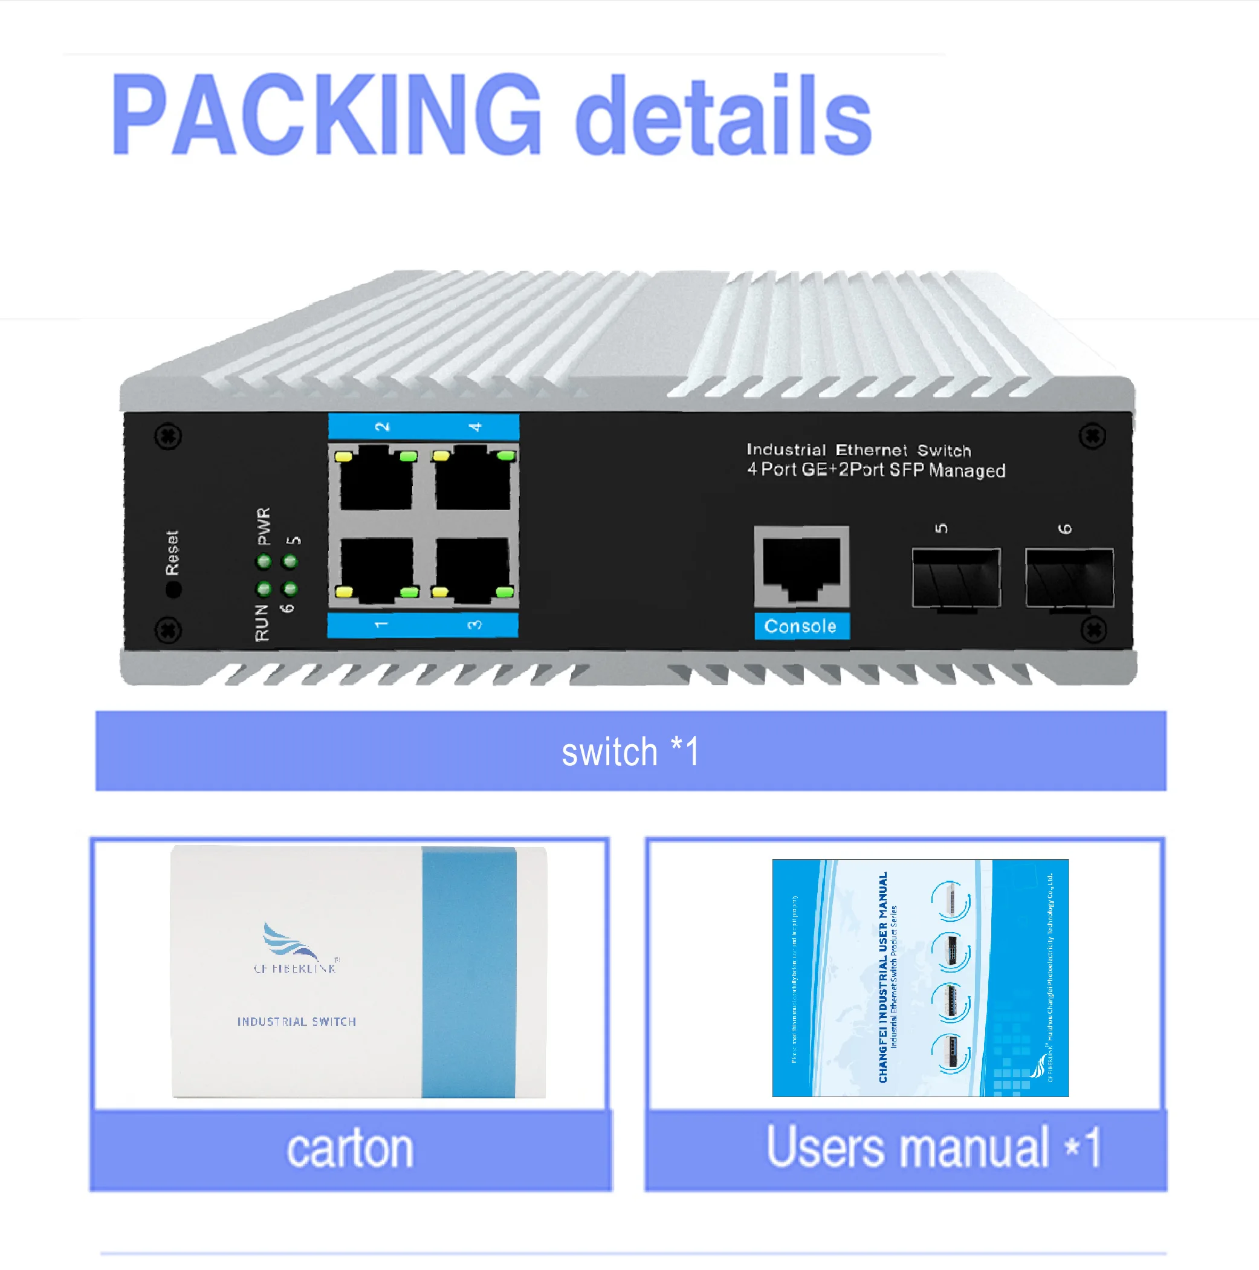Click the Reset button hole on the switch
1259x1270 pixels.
(173, 589)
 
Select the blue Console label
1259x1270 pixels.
(801, 626)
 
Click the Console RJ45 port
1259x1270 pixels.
(801, 566)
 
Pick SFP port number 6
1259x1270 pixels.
(1069, 577)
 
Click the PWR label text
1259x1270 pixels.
(264, 526)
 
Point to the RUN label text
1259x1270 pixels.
(262, 623)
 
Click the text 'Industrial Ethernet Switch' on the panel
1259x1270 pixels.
(858, 450)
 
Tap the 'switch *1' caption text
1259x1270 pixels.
(630, 751)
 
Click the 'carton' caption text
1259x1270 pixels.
(350, 1149)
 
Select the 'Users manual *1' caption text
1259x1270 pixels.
(934, 1148)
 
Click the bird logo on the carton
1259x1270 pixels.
(290, 941)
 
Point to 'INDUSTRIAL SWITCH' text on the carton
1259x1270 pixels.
(297, 1022)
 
